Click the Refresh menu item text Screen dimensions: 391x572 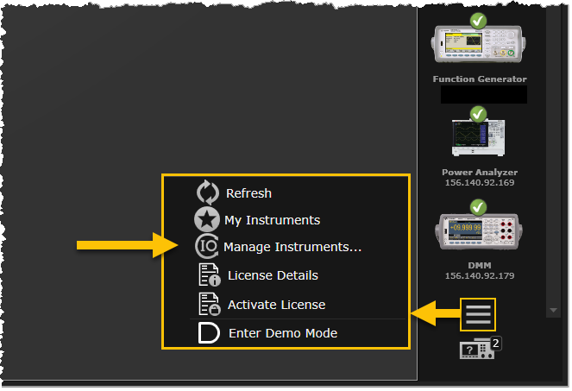coord(248,192)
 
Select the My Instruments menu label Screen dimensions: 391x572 coord(272,220)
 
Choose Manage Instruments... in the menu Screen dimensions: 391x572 coord(292,248)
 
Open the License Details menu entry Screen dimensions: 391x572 coord(273,275)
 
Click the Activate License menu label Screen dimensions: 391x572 coord(276,305)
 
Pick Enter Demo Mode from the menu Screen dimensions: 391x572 coord(283,333)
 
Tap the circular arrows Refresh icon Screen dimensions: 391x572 coord(209,192)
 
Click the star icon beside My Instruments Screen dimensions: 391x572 coord(208,220)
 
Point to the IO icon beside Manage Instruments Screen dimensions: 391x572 coord(208,248)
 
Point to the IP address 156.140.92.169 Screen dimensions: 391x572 coord(479,183)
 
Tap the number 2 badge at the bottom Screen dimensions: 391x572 coord(497,343)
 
